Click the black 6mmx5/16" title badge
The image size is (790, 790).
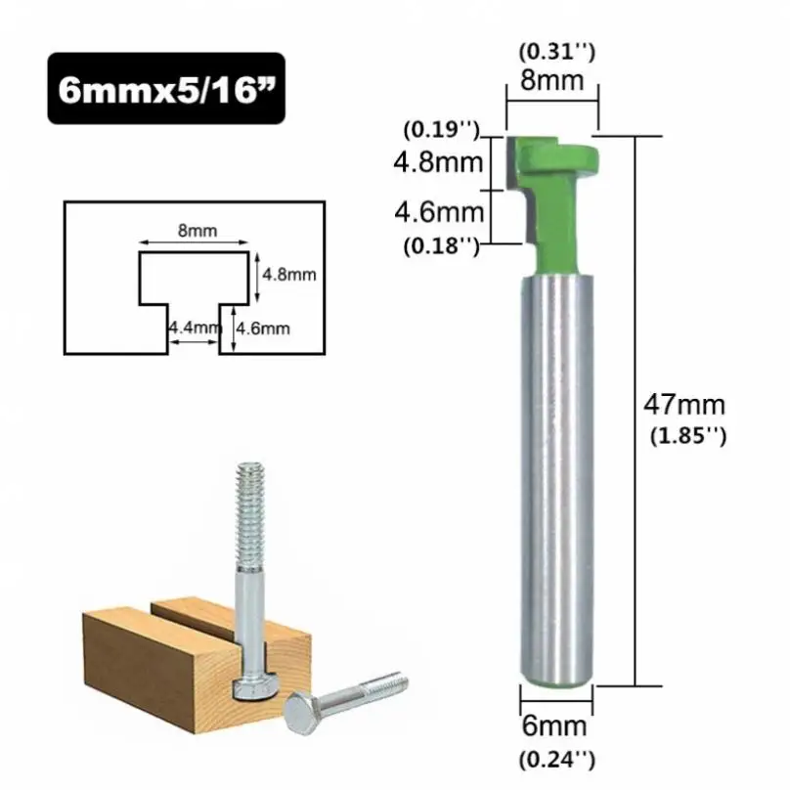coord(166,89)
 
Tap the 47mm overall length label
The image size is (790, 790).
coord(684,405)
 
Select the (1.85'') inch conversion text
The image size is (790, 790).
coord(688,436)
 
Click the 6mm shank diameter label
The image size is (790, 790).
coord(554,726)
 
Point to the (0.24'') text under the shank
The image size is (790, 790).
coord(557,760)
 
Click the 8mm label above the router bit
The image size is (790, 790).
coord(551,80)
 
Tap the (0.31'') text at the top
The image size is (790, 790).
coord(557,52)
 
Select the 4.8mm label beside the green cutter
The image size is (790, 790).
coord(438,162)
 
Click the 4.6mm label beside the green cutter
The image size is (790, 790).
coord(439,211)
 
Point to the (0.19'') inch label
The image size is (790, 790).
coord(441,130)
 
